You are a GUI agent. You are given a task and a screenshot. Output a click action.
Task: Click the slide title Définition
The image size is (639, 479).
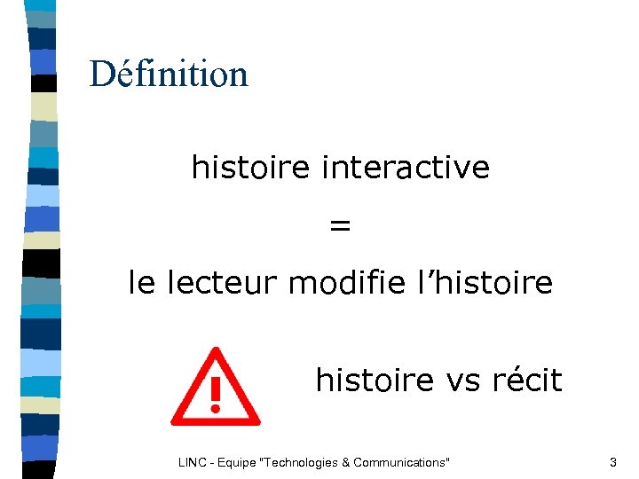click(x=169, y=74)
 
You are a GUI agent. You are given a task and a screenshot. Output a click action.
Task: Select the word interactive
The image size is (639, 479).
click(x=406, y=167)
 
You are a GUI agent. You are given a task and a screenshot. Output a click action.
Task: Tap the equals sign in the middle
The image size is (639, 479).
click(x=340, y=226)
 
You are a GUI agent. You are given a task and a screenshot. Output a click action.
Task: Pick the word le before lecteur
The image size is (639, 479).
click(x=141, y=284)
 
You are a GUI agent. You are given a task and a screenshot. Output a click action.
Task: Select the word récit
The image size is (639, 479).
click(x=526, y=381)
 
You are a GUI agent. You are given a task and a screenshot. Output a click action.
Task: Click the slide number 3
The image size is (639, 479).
click(x=612, y=462)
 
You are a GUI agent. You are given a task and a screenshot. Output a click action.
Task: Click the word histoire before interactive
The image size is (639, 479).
click(x=253, y=167)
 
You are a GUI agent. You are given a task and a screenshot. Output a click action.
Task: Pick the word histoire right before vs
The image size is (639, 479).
click(x=376, y=381)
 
